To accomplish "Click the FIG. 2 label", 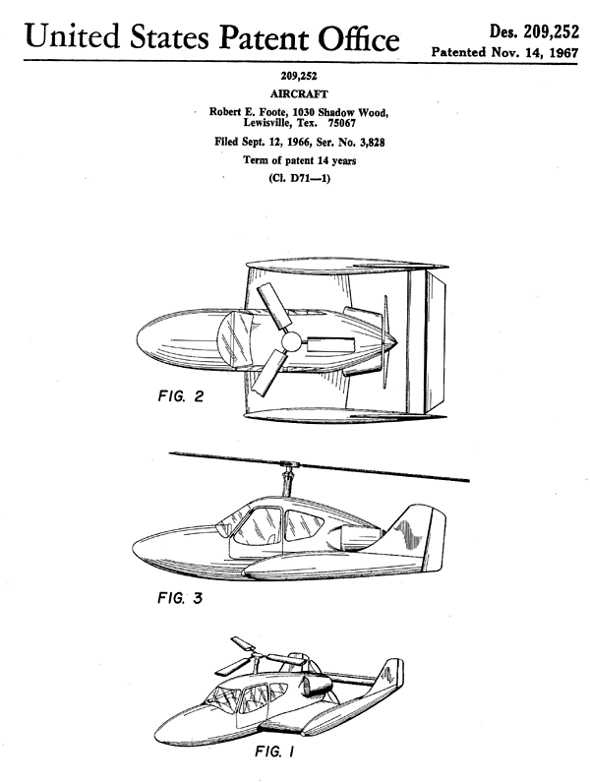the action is [181, 396].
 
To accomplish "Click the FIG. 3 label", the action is [180, 597].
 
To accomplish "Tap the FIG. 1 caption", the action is [274, 751].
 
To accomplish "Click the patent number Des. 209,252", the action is [534, 32].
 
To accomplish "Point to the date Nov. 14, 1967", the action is [535, 52].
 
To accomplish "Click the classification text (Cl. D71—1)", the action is [299, 178].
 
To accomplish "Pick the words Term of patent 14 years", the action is [300, 160].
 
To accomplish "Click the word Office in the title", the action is [359, 39].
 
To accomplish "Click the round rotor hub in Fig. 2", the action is [291, 342].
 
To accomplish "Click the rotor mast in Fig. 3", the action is [287, 480].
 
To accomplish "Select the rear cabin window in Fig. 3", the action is [303, 527].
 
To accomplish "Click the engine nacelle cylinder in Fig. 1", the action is [314, 685].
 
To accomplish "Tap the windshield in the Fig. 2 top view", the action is [233, 338].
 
